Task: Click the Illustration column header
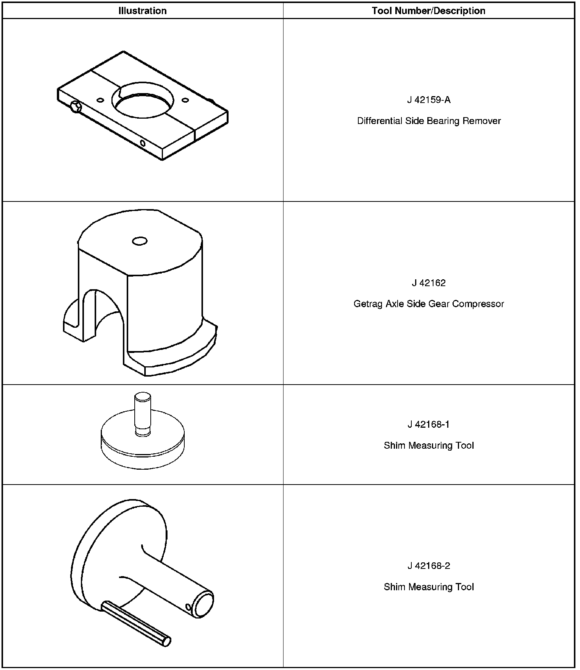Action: tap(142, 11)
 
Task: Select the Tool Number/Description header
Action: tap(429, 11)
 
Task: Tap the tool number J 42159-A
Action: tap(429, 100)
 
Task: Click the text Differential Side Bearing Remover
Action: tap(429, 121)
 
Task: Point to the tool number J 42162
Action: tap(429, 283)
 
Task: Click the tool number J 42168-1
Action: tap(429, 424)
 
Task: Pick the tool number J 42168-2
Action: tap(429, 565)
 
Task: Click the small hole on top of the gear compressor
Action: tap(140, 241)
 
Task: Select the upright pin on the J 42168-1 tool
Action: tap(143, 414)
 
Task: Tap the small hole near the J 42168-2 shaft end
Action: tap(188, 607)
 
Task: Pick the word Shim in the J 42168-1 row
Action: tap(394, 446)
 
